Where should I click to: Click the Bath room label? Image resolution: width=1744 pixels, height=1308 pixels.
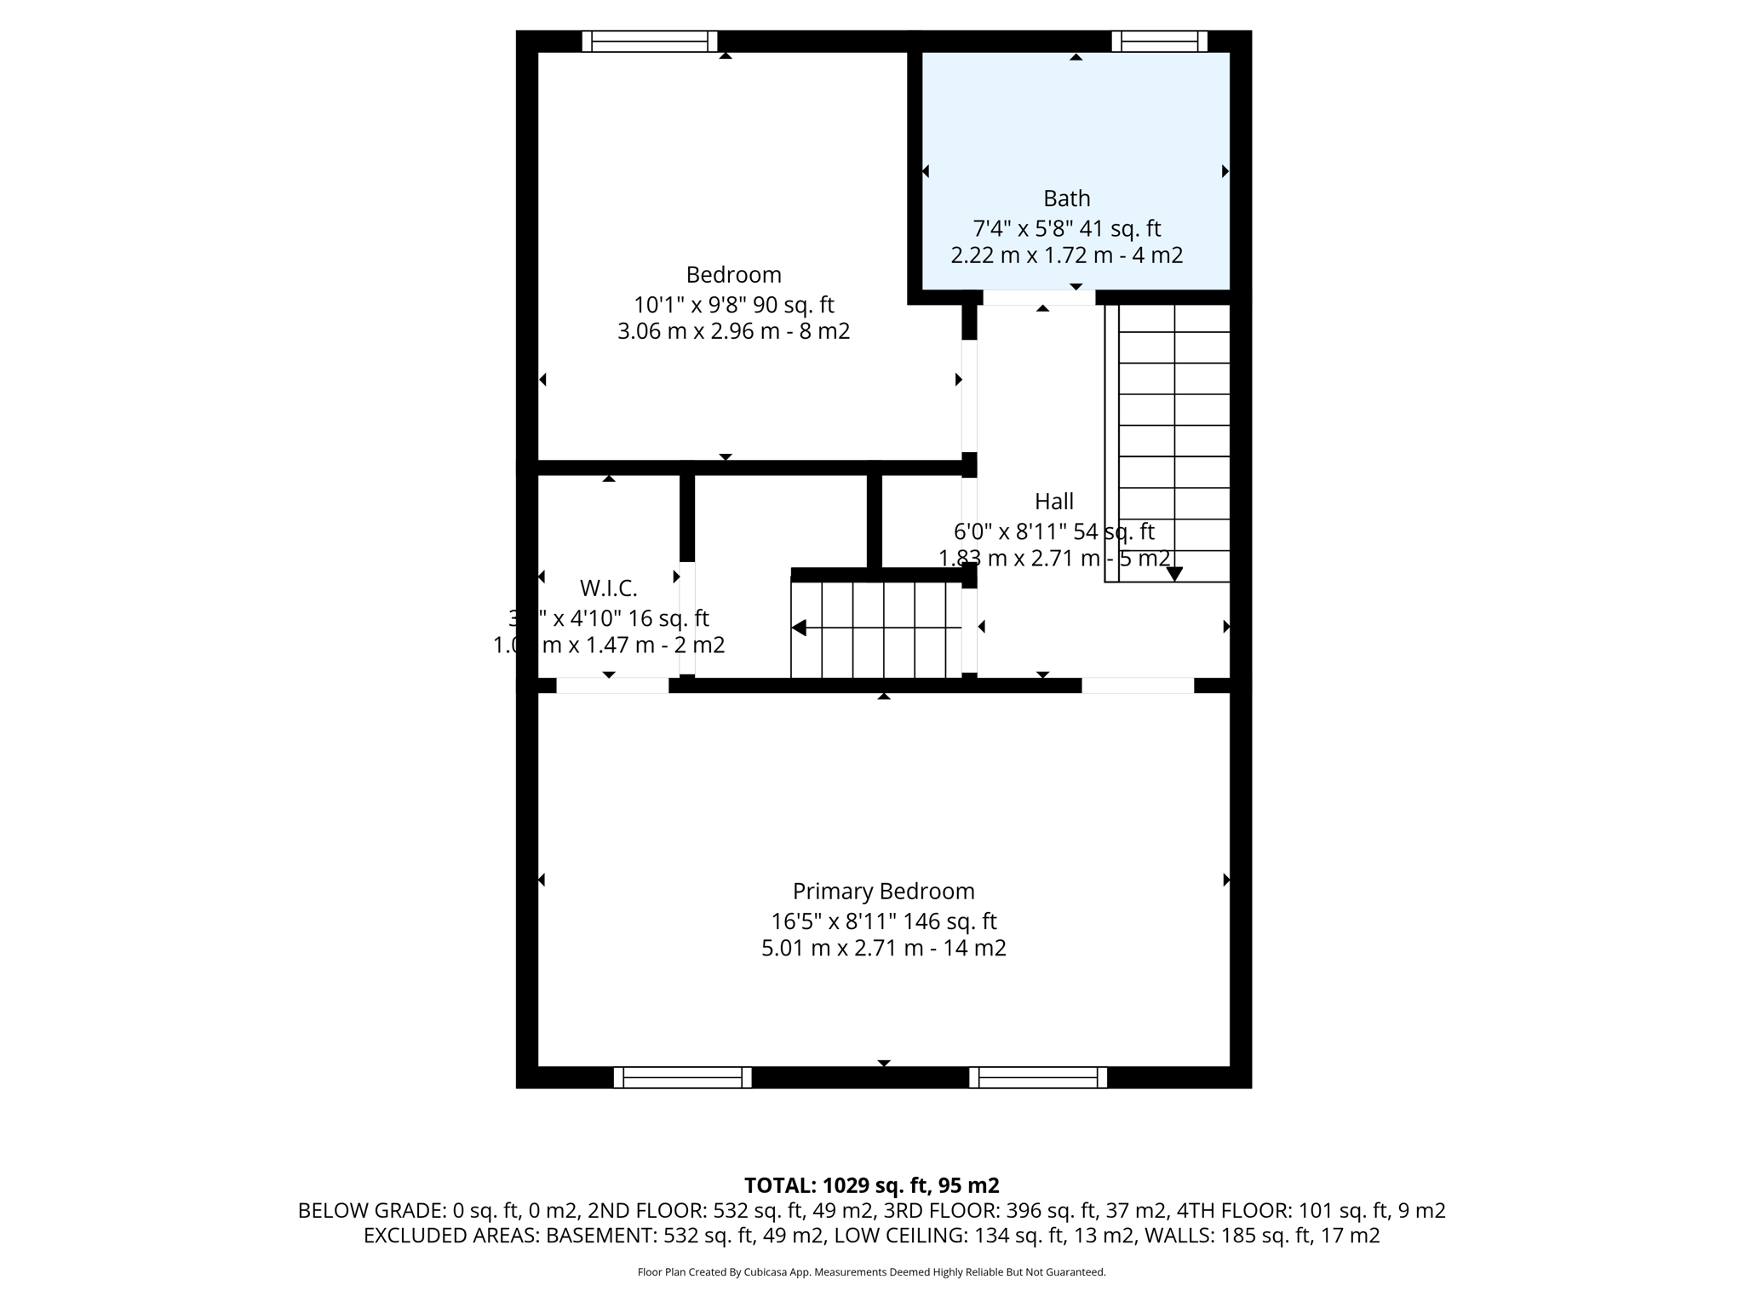click(x=1066, y=198)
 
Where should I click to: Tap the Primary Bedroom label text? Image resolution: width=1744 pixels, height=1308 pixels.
click(x=883, y=892)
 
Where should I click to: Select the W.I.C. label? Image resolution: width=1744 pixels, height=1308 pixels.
click(x=608, y=588)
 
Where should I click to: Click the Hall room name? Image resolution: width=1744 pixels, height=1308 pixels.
click(x=1053, y=502)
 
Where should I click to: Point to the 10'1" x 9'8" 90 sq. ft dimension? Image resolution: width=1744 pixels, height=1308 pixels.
click(x=733, y=305)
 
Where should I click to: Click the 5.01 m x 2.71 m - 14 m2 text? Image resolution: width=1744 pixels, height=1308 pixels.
click(x=883, y=948)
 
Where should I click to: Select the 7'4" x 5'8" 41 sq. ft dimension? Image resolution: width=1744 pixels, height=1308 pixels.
click(x=1066, y=228)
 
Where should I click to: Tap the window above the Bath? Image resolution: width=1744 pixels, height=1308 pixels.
click(x=1159, y=41)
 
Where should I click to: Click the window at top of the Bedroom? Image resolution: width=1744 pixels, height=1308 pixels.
click(x=649, y=41)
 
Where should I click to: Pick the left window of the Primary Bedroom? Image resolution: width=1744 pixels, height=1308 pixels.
click(x=682, y=1077)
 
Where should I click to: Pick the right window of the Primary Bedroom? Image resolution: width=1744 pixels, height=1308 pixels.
click(x=1037, y=1077)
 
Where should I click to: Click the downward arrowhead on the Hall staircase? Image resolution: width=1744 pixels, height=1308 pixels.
click(x=1174, y=575)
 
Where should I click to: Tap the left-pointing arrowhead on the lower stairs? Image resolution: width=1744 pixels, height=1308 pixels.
click(x=799, y=628)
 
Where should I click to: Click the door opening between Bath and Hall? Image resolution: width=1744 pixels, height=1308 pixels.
click(x=1038, y=297)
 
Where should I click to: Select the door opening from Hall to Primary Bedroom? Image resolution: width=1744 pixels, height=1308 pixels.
click(x=1137, y=686)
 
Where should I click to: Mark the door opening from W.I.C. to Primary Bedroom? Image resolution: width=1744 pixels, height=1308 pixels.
click(x=611, y=686)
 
